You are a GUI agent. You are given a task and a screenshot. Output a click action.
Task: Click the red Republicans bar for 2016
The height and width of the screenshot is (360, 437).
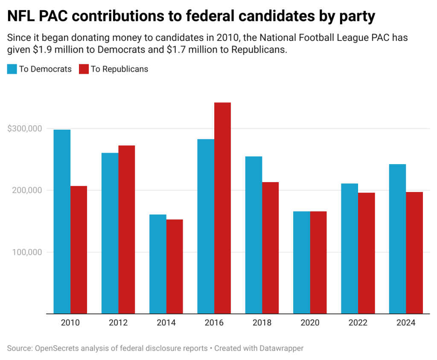coord(222,208)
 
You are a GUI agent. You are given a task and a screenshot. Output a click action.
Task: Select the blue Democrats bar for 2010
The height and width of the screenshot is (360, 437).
coord(62,221)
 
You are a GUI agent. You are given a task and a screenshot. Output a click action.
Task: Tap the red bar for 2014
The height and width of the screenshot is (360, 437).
coord(175,266)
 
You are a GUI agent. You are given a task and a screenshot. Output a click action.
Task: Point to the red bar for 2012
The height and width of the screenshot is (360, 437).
coord(127,229)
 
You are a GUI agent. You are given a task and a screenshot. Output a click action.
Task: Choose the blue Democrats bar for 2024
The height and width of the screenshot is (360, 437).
coord(397,238)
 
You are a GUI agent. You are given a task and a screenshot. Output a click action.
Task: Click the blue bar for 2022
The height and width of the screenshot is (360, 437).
coord(350,248)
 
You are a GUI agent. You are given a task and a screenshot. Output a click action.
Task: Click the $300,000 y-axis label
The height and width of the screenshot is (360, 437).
coord(24,128)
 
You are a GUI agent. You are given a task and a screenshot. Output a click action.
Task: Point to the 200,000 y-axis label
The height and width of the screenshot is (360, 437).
coord(27,190)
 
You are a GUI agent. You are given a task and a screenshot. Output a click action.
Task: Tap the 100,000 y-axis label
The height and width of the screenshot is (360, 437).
coord(27,252)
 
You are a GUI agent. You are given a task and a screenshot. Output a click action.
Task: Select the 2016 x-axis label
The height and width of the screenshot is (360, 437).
coord(214,323)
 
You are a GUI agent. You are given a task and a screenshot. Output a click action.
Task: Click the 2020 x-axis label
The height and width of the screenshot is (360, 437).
coord(310,323)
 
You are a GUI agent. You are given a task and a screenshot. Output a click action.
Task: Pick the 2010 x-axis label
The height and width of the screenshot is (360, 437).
coord(70,323)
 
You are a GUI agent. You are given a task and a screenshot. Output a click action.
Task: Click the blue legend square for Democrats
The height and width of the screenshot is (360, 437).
coord(12,69)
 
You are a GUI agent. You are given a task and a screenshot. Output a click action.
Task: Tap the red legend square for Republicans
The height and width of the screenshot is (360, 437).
coord(84,69)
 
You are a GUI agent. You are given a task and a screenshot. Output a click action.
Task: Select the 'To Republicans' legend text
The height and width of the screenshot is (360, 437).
coord(119,69)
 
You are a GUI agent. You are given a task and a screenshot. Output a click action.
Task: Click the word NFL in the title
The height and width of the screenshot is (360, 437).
coord(22,16)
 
